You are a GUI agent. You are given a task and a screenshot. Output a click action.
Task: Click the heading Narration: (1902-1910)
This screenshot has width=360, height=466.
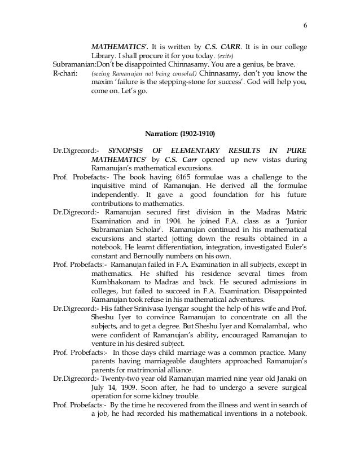point(179,134)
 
